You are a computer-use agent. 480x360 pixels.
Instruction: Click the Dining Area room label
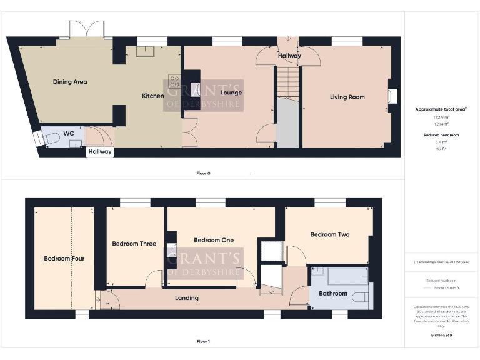[70, 82]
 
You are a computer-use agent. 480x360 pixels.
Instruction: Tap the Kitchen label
[153, 96]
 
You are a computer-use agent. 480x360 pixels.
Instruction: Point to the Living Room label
[347, 97]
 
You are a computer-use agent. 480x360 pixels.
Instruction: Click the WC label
[69, 133]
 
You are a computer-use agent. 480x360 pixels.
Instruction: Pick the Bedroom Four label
[64, 258]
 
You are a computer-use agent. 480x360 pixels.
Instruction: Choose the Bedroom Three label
[134, 244]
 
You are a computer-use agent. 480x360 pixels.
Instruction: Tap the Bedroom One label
[214, 240]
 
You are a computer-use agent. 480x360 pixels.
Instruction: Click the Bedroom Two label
[329, 234]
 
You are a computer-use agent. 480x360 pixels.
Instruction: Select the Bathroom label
[332, 293]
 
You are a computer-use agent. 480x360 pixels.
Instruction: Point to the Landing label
[186, 298]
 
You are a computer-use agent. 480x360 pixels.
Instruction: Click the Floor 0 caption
[204, 172]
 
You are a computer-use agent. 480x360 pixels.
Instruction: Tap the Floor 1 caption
[204, 341]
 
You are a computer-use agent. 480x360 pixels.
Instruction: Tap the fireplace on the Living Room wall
[392, 96]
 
